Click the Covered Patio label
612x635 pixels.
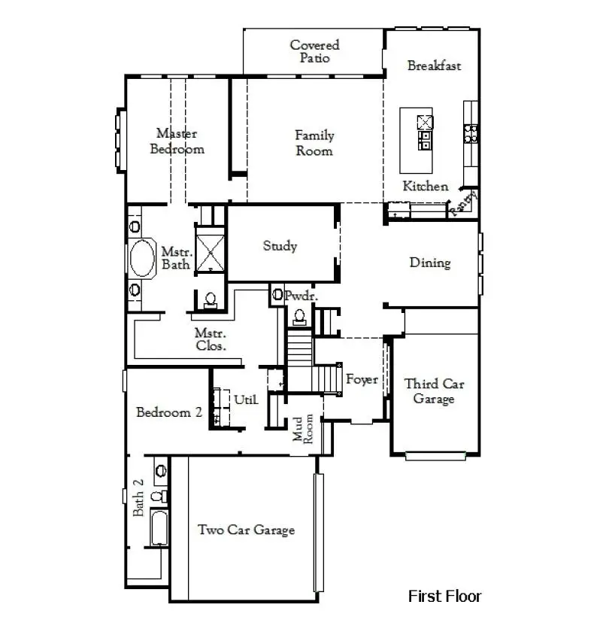click(x=314, y=52)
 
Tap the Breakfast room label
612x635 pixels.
click(x=434, y=65)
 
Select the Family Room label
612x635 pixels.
click(x=314, y=143)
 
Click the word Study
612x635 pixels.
click(x=280, y=246)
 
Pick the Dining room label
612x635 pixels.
click(x=430, y=263)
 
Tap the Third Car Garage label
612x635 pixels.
click(x=434, y=391)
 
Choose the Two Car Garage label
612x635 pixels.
click(x=246, y=530)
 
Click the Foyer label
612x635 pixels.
click(x=362, y=380)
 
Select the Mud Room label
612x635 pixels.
click(x=302, y=430)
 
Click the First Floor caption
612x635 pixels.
click(x=444, y=597)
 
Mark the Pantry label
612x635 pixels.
click(x=464, y=203)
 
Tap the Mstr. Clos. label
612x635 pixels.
click(x=211, y=339)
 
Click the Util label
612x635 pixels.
click(x=245, y=400)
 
